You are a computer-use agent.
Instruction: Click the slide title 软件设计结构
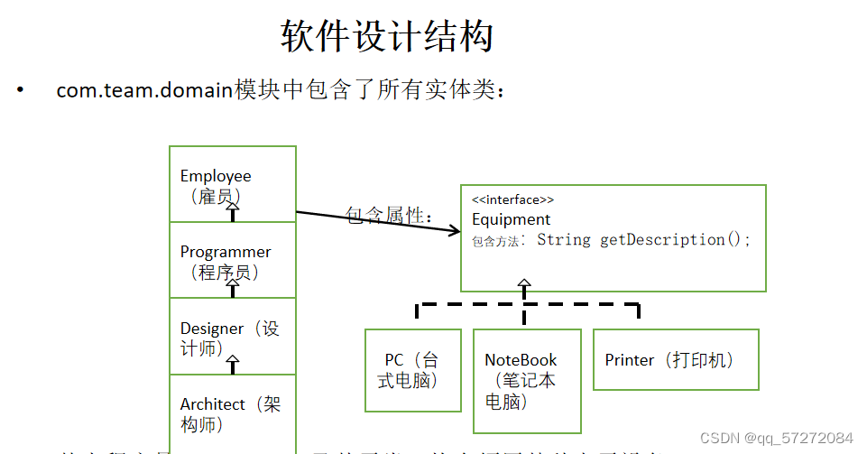[x=387, y=37]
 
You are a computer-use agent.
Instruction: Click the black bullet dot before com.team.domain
[x=19, y=90]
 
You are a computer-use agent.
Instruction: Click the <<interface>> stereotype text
[x=512, y=199]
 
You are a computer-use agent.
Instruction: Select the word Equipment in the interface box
[x=511, y=219]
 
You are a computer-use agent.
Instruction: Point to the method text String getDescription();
[x=643, y=240]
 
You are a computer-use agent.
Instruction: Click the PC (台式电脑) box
[x=411, y=370]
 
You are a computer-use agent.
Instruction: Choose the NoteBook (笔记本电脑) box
[x=526, y=380]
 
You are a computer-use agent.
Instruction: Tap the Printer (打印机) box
[x=675, y=359]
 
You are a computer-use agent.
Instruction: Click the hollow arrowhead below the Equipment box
[x=524, y=285]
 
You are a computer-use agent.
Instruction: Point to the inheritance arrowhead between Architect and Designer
[x=233, y=365]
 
